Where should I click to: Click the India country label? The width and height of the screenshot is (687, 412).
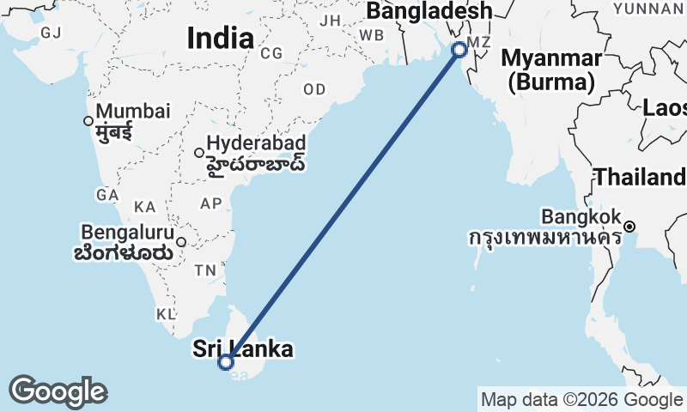click(x=220, y=38)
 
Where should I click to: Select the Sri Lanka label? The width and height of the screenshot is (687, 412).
click(x=243, y=348)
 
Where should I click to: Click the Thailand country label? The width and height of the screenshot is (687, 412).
click(x=640, y=178)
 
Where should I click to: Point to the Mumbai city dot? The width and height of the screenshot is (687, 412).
click(x=88, y=121)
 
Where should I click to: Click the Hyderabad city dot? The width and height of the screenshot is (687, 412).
click(x=199, y=153)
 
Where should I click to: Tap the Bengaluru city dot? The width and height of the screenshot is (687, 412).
click(x=181, y=241)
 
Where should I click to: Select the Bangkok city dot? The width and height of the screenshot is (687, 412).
click(x=629, y=227)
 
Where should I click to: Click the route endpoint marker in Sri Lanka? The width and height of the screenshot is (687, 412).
click(x=226, y=362)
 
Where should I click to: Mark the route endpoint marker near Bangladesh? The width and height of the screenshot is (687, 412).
click(x=459, y=49)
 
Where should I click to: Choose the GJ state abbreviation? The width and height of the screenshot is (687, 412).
click(x=51, y=33)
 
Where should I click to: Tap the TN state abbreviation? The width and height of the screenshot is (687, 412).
click(x=205, y=270)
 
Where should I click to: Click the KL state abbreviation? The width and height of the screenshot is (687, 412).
click(x=166, y=314)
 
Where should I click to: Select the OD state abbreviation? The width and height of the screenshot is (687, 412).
click(x=314, y=89)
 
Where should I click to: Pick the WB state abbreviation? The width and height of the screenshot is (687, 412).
click(x=371, y=35)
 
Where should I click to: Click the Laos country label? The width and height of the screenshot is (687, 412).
click(x=666, y=108)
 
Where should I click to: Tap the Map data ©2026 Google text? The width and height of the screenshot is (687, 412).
click(x=581, y=399)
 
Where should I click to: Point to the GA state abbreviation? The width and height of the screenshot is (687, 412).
click(x=107, y=195)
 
